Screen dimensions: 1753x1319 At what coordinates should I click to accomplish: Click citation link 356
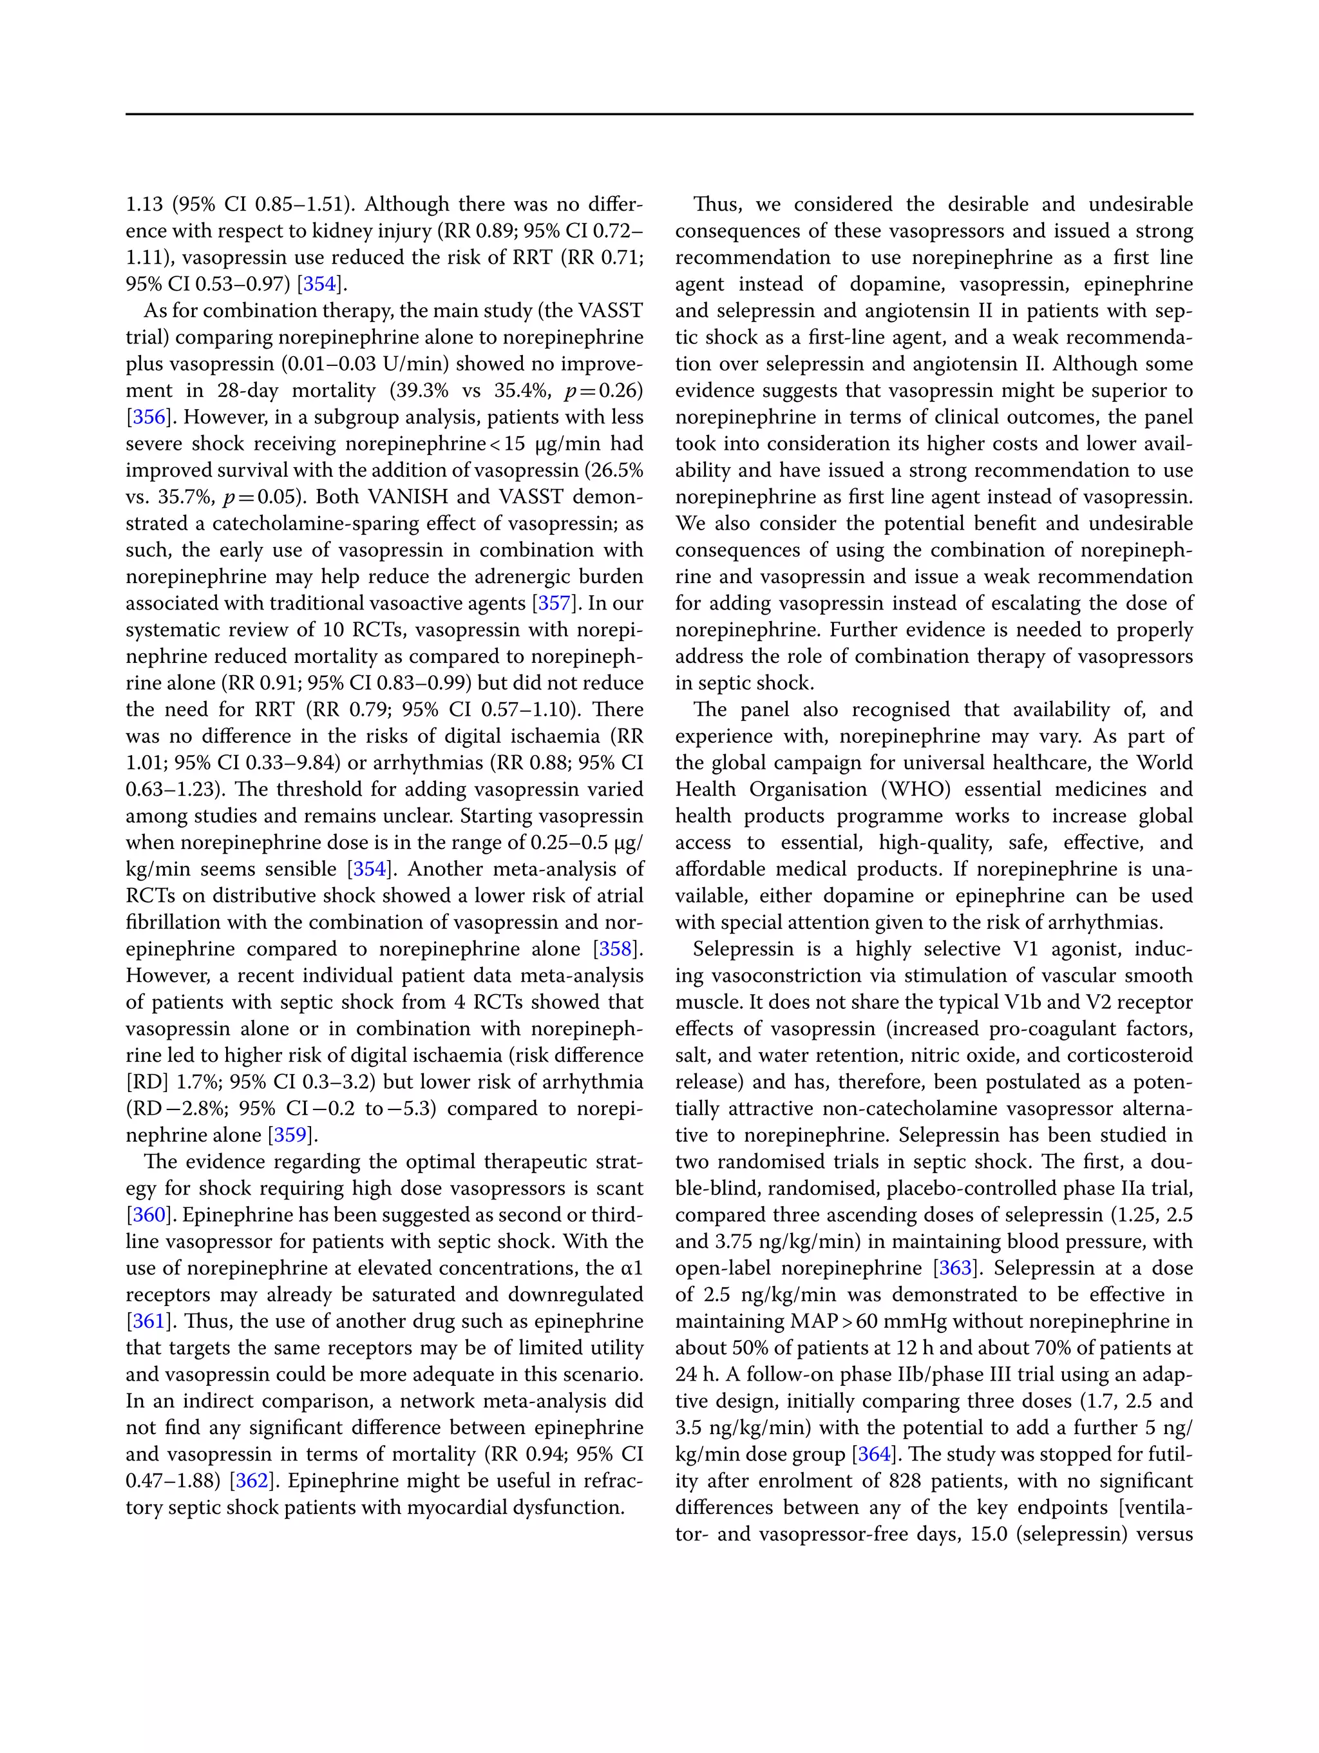[x=147, y=417]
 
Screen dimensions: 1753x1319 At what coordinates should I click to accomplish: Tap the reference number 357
[x=554, y=603]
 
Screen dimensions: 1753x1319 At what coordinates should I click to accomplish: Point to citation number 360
[x=147, y=1215]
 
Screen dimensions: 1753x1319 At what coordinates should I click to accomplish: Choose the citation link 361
[x=147, y=1321]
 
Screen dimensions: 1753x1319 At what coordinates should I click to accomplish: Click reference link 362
[x=252, y=1481]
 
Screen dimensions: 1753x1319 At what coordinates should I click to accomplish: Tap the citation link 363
[x=954, y=1268]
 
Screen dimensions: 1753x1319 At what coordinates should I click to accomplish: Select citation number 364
[x=874, y=1454]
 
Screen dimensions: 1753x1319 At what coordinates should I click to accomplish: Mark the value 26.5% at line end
[x=618, y=470]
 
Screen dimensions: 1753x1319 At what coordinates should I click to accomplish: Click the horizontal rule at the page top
[x=659, y=114]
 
